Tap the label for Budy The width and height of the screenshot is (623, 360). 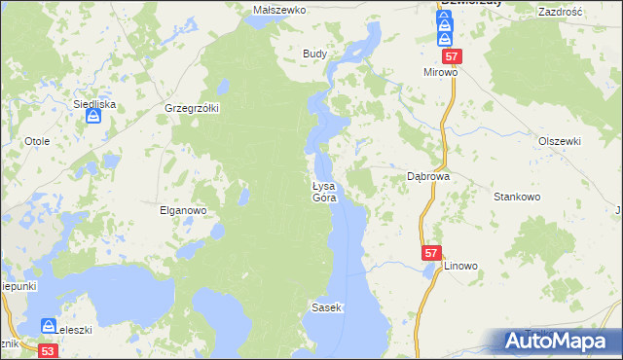(x=313, y=54)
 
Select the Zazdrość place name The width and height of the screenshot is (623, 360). (x=559, y=10)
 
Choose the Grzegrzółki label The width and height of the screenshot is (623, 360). (x=192, y=107)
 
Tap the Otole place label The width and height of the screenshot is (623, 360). (x=37, y=141)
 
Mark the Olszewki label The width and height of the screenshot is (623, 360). (x=560, y=141)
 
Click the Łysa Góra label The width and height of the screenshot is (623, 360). (x=324, y=192)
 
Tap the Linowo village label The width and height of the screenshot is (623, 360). (x=461, y=266)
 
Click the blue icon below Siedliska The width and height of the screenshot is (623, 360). (x=93, y=118)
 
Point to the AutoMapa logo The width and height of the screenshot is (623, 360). (x=559, y=342)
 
